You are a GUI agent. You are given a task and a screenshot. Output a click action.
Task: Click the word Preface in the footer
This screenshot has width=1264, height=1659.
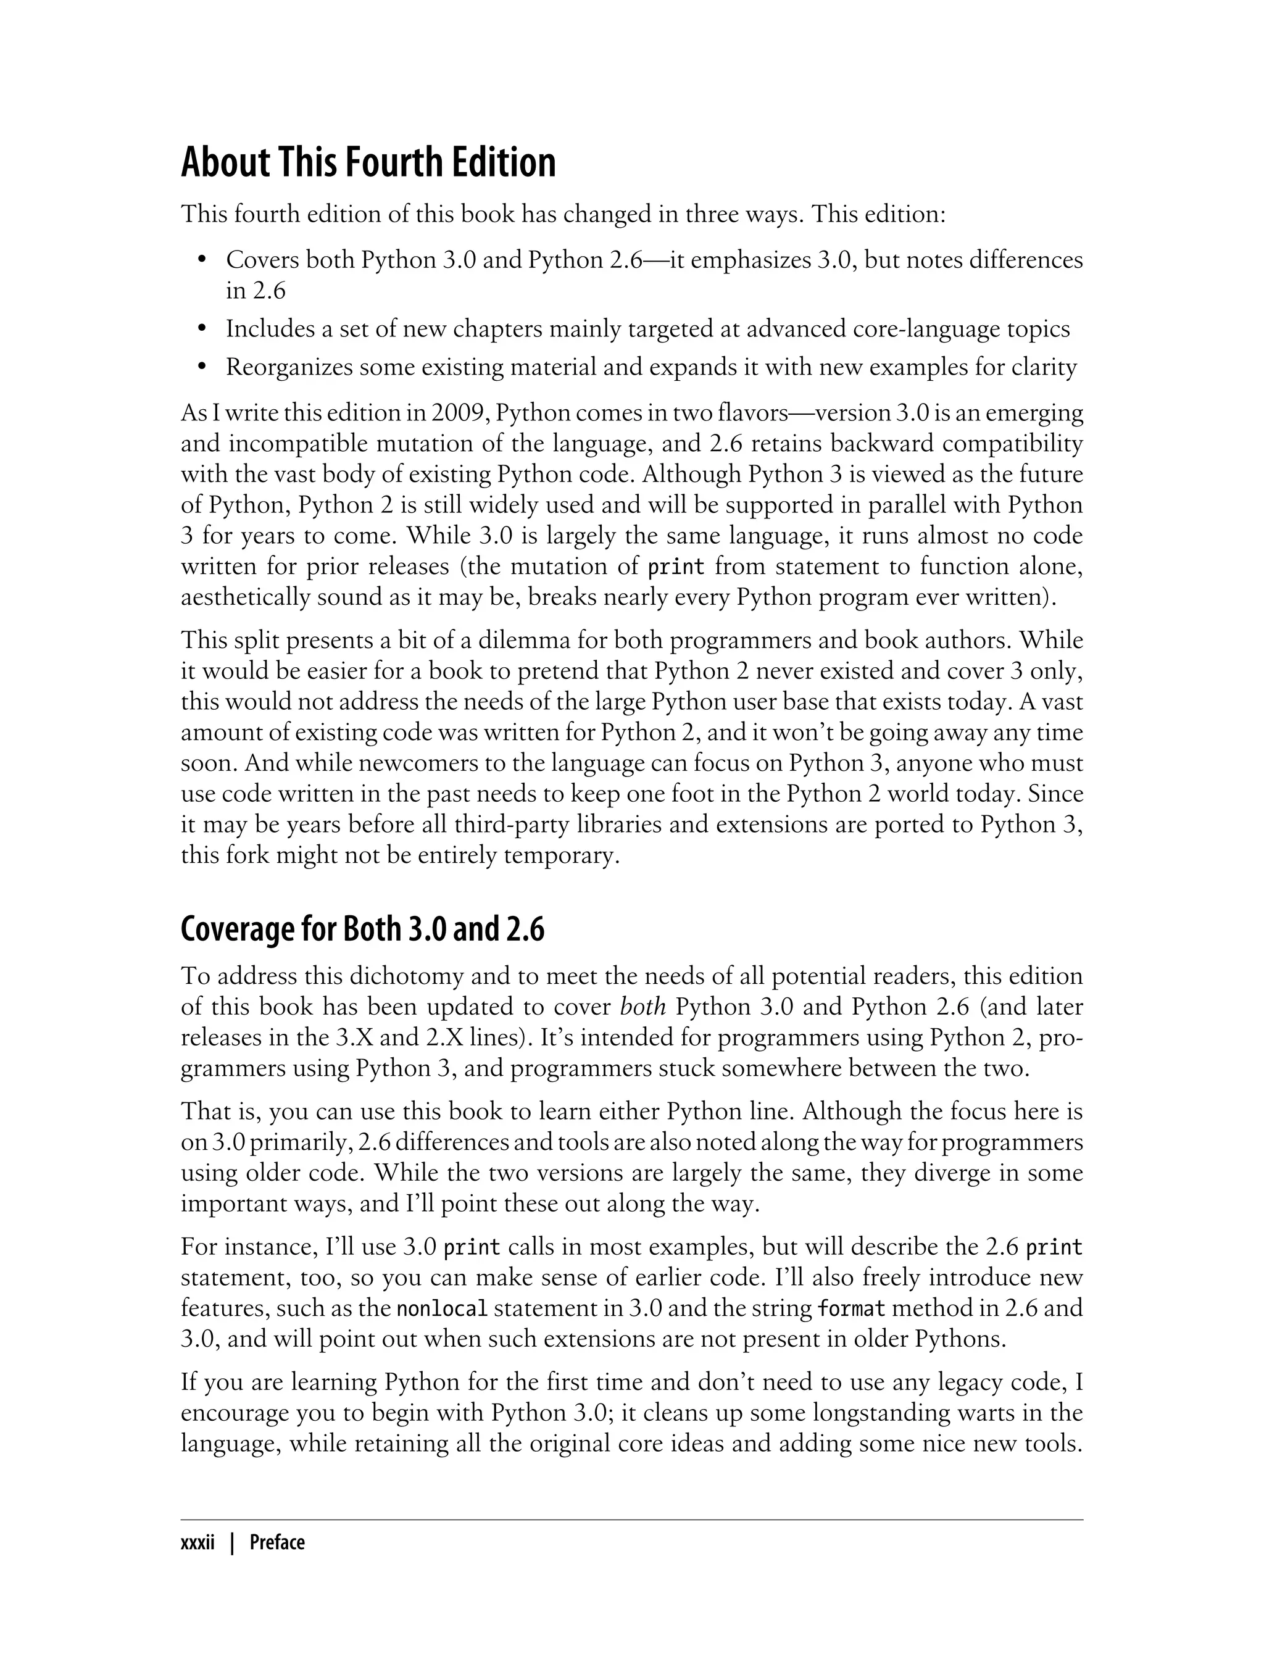coord(277,1543)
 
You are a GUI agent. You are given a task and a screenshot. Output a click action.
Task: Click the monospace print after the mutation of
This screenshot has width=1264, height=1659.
coord(676,567)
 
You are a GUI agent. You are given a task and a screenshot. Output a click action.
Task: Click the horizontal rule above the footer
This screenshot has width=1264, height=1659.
coord(632,1520)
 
